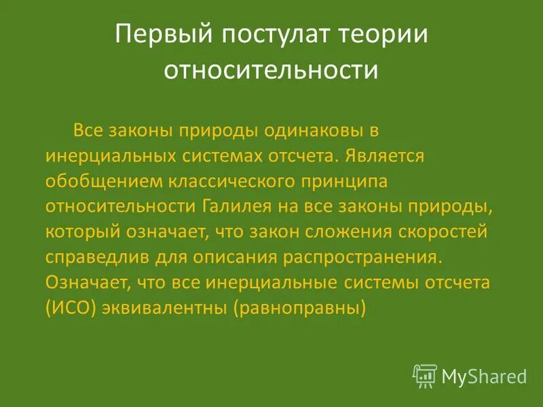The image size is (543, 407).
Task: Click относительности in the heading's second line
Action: click(271, 71)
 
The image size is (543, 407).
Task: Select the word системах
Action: click(223, 156)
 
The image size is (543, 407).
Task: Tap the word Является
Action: click(383, 156)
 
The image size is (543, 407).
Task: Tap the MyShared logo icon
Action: click(425, 374)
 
